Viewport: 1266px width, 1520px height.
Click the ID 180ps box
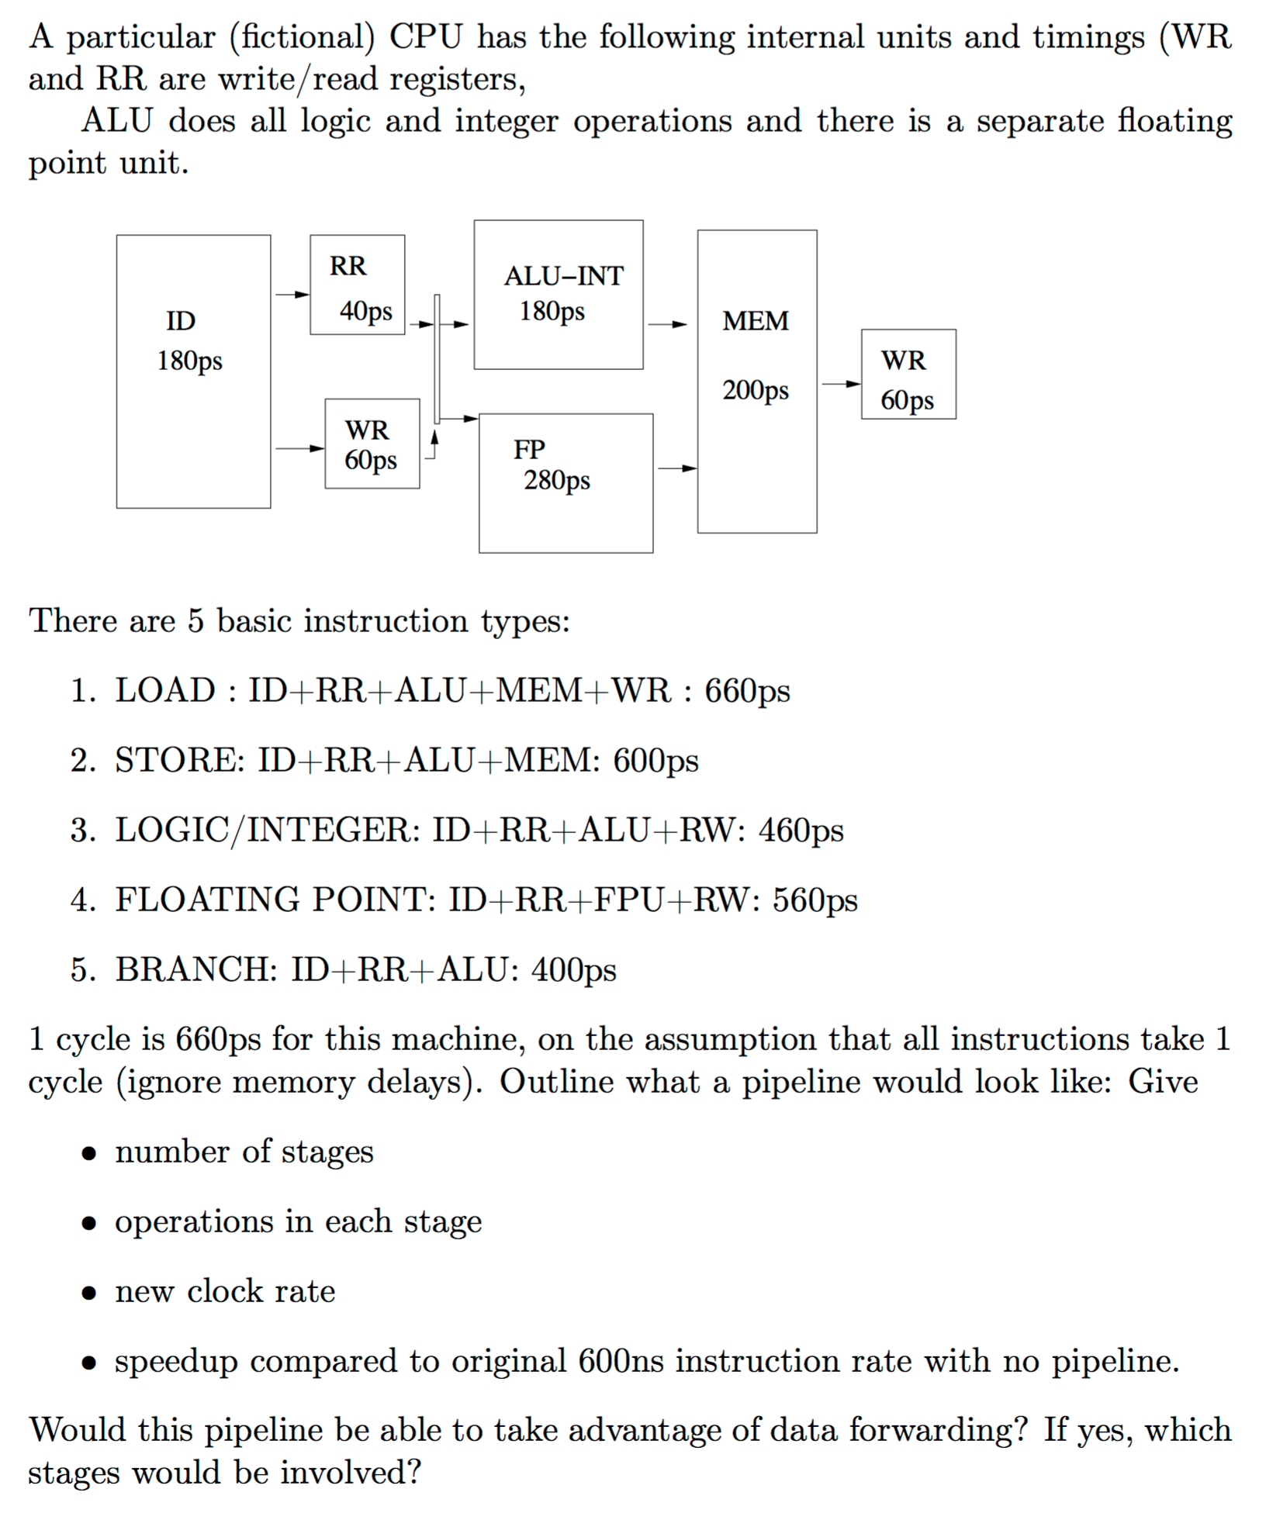coord(193,371)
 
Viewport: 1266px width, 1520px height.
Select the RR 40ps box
coord(357,285)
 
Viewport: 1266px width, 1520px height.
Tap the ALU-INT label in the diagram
coord(563,276)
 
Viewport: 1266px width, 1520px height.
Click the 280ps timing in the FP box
coord(556,481)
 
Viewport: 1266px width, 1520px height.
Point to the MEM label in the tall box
coord(755,321)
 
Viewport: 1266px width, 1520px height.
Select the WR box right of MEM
coord(908,374)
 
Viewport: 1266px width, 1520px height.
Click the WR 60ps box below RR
coord(372,444)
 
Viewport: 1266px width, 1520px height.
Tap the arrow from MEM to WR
coord(840,384)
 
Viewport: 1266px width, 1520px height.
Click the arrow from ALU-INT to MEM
coord(667,325)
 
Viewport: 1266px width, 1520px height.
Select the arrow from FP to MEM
coord(676,468)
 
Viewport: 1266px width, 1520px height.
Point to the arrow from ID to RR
coord(292,295)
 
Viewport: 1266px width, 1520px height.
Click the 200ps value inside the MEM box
coord(755,390)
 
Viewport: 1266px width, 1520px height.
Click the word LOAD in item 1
coord(165,690)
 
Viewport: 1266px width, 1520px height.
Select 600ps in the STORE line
coord(655,761)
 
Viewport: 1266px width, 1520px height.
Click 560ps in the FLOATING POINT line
coord(815,900)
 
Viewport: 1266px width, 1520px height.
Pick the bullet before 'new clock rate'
coord(90,1293)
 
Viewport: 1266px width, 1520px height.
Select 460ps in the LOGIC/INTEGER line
coord(801,831)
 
